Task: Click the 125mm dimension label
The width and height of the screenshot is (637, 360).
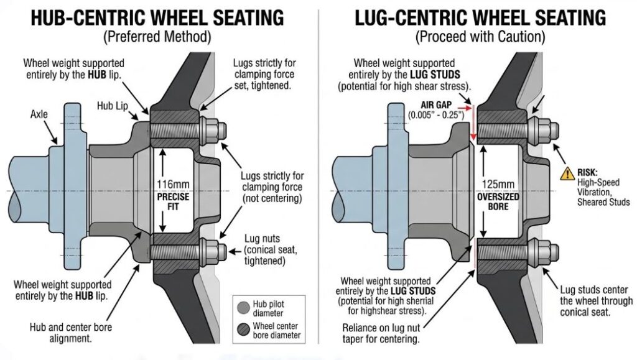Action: pos(496,184)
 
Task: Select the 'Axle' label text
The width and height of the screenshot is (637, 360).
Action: pos(42,115)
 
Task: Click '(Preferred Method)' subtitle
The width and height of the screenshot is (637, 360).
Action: pos(157,37)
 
